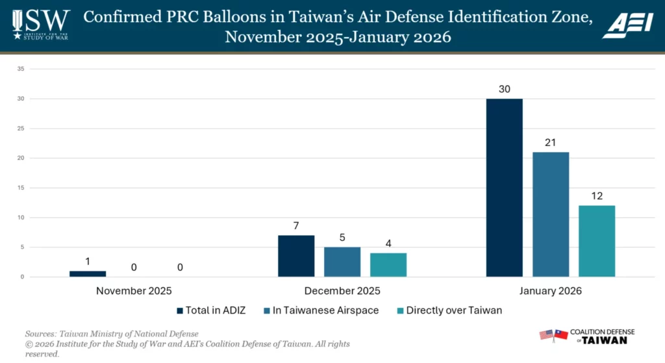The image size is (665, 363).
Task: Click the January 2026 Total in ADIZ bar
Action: click(x=504, y=188)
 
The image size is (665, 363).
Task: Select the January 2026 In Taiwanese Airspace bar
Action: click(x=551, y=214)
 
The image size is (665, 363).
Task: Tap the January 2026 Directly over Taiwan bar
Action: click(x=597, y=241)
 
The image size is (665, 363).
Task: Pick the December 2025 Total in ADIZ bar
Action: click(x=296, y=256)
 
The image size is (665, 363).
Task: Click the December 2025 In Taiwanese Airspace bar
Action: click(x=342, y=262)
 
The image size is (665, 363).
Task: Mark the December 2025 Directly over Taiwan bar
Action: click(x=388, y=265)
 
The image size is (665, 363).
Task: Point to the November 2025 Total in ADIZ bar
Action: click(x=88, y=274)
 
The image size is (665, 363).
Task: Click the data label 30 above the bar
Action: click(x=504, y=89)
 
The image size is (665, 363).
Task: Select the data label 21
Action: click(x=551, y=142)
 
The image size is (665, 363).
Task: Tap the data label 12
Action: click(x=597, y=195)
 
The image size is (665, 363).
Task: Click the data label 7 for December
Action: click(x=296, y=225)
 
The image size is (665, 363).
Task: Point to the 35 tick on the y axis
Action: click(x=21, y=69)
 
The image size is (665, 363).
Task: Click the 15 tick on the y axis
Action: click(x=21, y=188)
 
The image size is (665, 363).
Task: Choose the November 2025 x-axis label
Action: click(x=134, y=291)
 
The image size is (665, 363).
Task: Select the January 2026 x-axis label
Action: click(x=551, y=291)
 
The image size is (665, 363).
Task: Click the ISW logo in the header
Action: click(x=40, y=25)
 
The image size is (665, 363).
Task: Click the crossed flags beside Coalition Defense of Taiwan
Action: click(x=553, y=335)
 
